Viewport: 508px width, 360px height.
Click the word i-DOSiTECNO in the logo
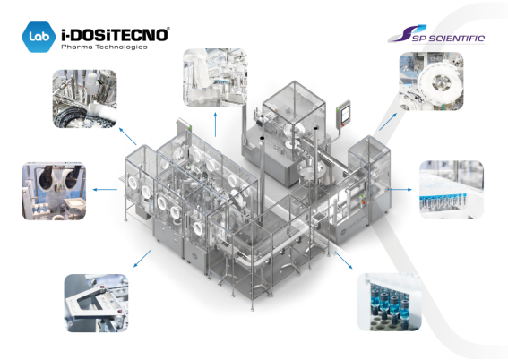point(115,35)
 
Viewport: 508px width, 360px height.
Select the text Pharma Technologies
point(104,47)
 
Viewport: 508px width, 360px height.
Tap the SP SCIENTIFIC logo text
point(448,39)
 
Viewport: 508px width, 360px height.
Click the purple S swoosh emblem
point(406,34)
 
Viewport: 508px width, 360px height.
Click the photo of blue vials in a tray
point(390,303)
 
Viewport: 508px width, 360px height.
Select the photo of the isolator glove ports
point(54,191)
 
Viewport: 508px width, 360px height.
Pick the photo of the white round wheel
point(431,81)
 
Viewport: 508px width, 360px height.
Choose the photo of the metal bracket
point(96,303)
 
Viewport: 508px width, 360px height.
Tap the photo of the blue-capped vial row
point(452,189)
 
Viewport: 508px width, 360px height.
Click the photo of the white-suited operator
point(215,78)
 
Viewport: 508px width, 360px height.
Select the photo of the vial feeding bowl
point(84,99)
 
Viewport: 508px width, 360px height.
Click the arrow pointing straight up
point(215,124)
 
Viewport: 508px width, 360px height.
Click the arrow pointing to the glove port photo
point(105,189)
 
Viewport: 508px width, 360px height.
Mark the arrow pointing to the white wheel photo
point(388,122)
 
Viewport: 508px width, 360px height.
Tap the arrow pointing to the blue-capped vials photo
point(400,189)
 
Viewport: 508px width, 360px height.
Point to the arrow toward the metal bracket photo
point(142,258)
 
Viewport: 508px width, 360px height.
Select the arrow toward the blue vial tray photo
point(344,260)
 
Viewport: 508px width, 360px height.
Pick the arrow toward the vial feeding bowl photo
point(127,136)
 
